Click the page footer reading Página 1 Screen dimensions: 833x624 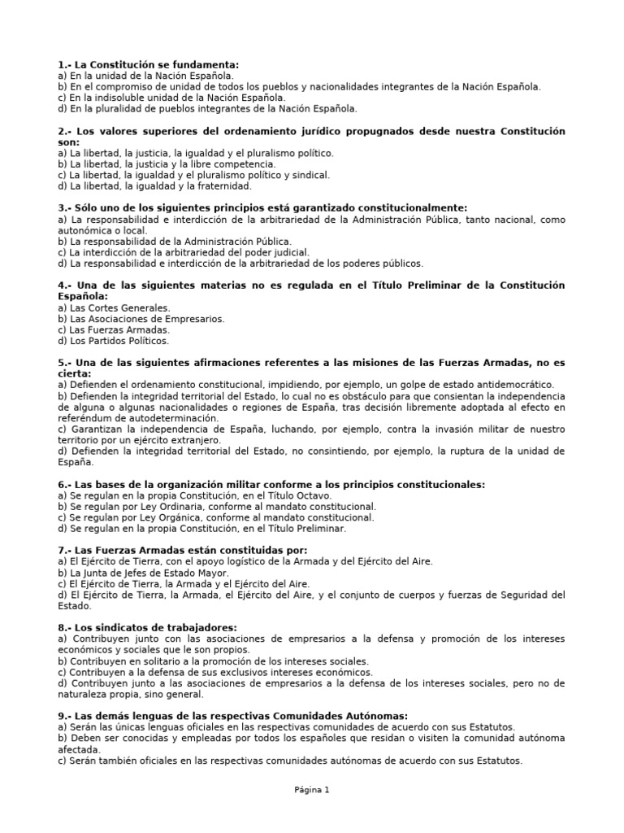click(x=312, y=789)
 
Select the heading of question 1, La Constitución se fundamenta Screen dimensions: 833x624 click(x=149, y=63)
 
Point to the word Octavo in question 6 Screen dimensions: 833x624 click(x=328, y=495)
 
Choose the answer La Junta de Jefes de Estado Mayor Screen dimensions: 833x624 click(x=144, y=573)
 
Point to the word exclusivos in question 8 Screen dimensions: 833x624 click(x=225, y=672)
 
